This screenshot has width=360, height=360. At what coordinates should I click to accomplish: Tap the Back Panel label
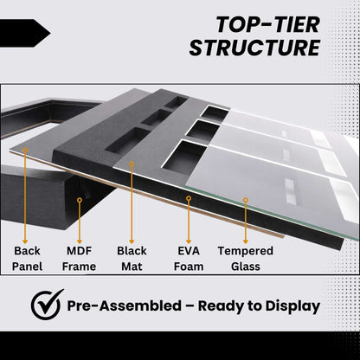(27, 258)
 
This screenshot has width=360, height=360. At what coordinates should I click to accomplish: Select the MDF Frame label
(80, 258)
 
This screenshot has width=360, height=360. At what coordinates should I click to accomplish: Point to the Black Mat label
(132, 258)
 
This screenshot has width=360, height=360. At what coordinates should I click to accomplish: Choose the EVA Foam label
(189, 258)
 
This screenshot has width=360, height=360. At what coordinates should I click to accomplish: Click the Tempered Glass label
(245, 258)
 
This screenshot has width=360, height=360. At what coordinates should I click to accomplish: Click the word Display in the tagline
(289, 305)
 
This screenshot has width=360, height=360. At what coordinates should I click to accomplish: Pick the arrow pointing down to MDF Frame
(80, 216)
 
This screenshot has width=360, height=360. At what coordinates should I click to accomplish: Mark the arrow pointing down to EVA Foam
(189, 216)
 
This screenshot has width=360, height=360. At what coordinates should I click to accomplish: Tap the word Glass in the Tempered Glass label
(245, 266)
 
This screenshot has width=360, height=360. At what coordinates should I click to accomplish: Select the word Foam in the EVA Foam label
(189, 266)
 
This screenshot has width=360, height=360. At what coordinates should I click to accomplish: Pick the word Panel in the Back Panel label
(27, 266)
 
